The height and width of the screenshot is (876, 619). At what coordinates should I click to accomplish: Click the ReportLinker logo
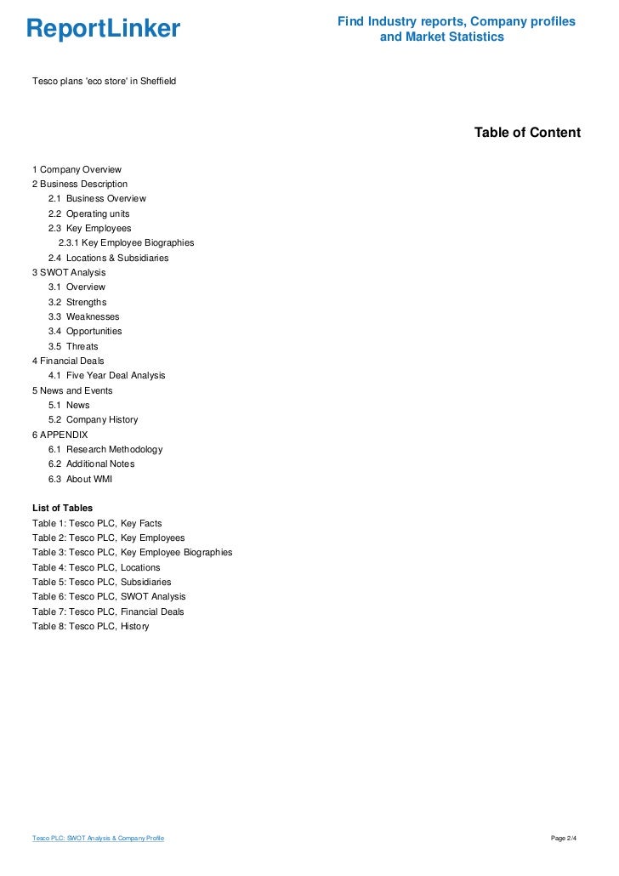(103, 29)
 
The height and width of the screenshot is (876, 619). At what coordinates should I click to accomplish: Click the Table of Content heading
(527, 133)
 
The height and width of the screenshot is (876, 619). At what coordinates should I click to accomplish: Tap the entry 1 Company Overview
(77, 169)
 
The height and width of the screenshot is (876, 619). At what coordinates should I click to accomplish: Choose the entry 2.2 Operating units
(88, 213)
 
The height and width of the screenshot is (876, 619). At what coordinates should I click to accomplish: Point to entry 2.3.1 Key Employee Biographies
(126, 242)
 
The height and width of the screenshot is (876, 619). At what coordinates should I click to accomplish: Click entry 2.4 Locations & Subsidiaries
(108, 258)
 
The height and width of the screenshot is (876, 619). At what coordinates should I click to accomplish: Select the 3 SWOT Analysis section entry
(69, 272)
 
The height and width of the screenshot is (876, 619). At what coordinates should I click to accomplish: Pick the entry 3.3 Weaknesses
(83, 316)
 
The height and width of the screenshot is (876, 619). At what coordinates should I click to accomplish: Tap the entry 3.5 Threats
(73, 346)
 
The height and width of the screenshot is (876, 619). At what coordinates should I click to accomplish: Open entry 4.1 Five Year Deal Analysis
(106, 375)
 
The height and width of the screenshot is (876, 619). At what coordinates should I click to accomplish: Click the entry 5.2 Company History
(93, 419)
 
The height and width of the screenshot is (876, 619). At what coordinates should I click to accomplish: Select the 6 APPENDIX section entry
(60, 435)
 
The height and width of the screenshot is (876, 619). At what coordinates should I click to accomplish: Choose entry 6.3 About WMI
(80, 479)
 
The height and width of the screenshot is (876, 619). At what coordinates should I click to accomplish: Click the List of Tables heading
(62, 508)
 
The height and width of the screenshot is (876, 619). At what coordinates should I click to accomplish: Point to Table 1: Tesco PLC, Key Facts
(97, 523)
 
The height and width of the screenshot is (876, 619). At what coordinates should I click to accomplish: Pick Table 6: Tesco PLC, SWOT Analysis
(109, 596)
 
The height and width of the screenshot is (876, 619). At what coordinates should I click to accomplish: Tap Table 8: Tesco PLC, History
(90, 626)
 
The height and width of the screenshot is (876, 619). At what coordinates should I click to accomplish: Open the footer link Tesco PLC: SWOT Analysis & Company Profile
(98, 839)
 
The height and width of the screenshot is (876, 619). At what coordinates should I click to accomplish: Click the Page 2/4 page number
(564, 839)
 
